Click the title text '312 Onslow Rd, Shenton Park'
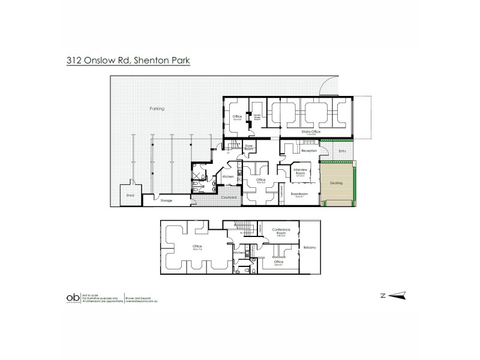point(127,60)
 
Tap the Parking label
point(157,109)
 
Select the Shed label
point(129,195)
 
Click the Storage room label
point(166,200)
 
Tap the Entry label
point(343,151)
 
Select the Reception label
point(309,151)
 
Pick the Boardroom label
point(299,195)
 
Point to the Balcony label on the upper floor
point(310,247)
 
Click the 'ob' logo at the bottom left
point(71,297)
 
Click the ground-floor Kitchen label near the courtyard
point(227,176)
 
